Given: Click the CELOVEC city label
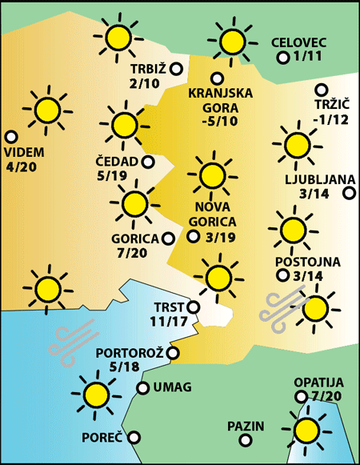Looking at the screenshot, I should (298, 42).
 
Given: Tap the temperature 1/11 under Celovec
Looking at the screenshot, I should (307, 57).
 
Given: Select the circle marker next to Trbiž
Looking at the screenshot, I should (174, 68).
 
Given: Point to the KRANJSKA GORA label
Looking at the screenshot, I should (220, 99).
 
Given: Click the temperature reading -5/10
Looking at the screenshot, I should (220, 121).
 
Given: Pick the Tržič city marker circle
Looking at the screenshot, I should (322, 90).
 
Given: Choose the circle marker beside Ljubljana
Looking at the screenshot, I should (349, 193).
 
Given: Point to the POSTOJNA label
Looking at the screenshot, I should (308, 262).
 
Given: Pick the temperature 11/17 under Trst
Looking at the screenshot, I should (168, 322).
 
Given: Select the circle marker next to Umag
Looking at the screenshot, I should (143, 388).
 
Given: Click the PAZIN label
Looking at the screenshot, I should (246, 426).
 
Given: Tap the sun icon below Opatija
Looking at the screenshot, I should (306, 430).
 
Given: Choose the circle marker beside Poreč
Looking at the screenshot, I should (134, 438).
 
